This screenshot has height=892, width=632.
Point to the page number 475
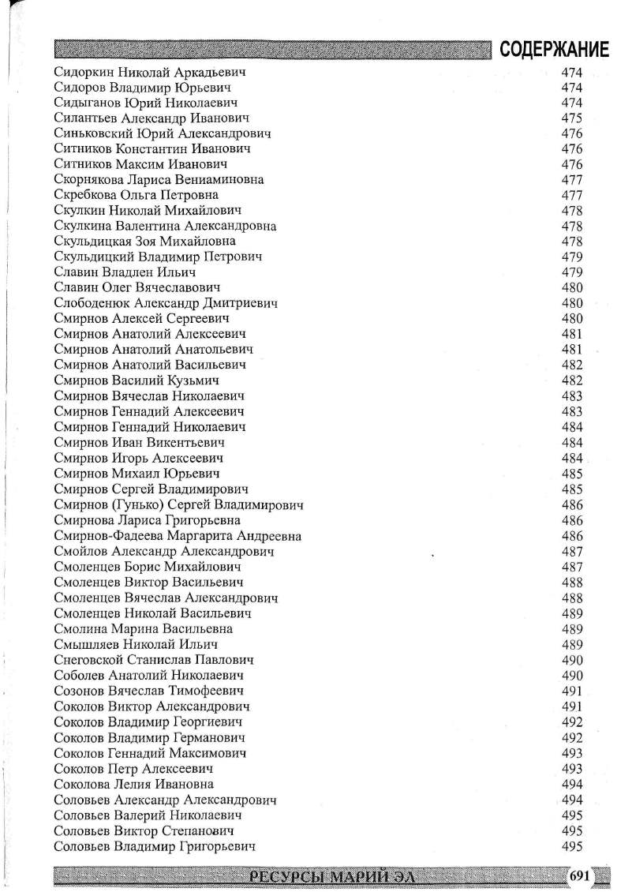(x=572, y=118)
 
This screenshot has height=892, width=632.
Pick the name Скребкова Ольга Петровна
(x=136, y=195)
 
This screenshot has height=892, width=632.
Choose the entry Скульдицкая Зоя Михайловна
(x=145, y=242)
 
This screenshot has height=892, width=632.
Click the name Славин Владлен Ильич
(x=125, y=272)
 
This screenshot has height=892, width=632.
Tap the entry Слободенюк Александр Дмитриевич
(x=166, y=303)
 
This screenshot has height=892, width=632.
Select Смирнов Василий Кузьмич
(x=137, y=380)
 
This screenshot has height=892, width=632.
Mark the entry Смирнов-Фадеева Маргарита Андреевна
(x=178, y=536)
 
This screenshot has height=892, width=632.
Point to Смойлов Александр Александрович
(x=164, y=551)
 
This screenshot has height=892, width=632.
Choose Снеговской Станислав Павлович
(x=154, y=660)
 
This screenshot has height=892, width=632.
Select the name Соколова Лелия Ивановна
(x=134, y=784)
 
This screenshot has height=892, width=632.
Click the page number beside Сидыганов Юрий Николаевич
(x=572, y=103)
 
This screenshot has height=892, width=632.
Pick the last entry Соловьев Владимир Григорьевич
(x=155, y=846)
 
